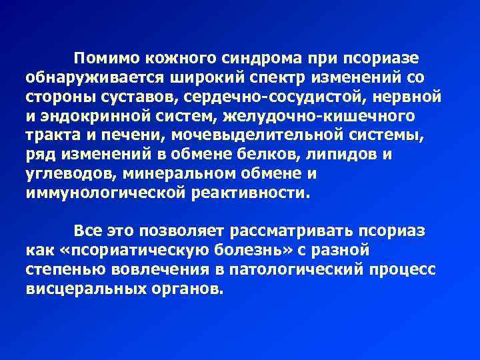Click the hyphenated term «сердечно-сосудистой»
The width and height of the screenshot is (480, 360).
pos(270,97)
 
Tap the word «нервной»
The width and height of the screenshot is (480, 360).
pos(406,97)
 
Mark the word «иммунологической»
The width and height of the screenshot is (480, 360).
pos(105,194)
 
